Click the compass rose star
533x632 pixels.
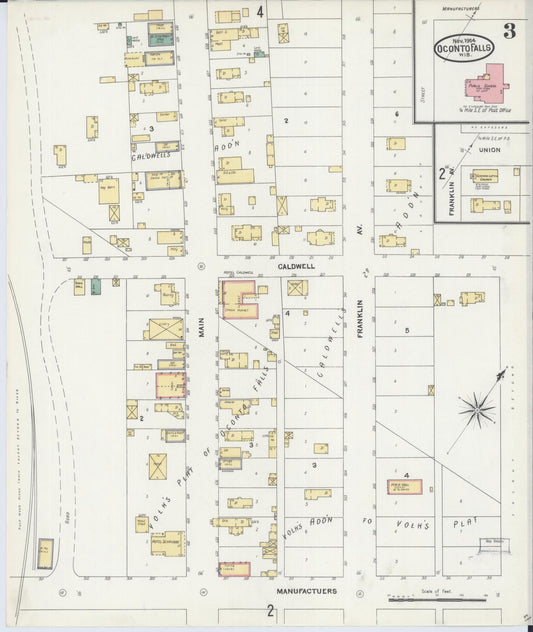[478, 408]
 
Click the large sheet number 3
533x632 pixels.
[509, 30]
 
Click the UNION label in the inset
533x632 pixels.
[490, 150]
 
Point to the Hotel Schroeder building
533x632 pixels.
[167, 542]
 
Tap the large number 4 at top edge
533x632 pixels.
[260, 12]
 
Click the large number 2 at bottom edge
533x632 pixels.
[270, 610]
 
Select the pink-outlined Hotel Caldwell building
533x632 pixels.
[239, 298]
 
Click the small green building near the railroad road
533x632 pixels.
[96, 287]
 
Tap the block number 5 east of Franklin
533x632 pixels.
[407, 330]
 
